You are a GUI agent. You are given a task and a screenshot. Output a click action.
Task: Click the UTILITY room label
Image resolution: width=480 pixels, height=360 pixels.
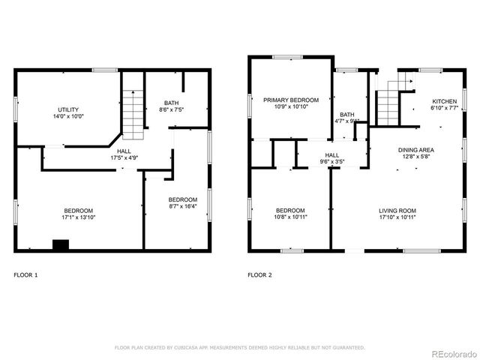tap(68, 109)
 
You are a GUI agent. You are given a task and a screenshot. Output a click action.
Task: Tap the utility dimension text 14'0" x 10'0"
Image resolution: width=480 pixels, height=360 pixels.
tap(68, 117)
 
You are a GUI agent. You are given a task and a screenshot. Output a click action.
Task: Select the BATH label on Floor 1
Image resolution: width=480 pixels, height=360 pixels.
tap(172, 103)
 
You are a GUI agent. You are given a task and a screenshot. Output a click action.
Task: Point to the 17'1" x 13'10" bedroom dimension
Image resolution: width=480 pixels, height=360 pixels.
tap(78, 217)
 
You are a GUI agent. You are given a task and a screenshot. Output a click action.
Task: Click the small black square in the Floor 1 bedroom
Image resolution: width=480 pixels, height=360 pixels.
tap(60, 244)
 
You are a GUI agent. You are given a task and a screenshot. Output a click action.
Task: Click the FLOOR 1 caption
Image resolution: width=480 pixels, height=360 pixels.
tap(25, 275)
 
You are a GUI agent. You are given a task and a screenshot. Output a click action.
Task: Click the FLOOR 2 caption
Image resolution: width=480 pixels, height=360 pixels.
tap(259, 275)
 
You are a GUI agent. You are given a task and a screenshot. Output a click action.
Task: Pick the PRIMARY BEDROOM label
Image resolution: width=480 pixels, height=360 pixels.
tap(290, 100)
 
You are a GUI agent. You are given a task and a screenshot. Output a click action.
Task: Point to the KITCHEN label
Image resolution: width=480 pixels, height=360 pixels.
tap(443, 101)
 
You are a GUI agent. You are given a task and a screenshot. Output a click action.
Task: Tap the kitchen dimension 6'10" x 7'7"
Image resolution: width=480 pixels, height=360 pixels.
tap(443, 109)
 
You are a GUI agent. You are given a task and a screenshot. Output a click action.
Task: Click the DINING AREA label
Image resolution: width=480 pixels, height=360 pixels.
tap(415, 150)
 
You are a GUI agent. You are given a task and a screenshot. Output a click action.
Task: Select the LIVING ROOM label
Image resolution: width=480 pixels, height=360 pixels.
tap(397, 210)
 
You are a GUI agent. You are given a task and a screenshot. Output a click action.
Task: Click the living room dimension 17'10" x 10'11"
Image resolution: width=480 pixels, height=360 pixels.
tap(397, 217)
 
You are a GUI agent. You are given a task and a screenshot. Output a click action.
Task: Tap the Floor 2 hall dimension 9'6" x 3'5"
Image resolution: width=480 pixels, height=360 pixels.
tap(331, 161)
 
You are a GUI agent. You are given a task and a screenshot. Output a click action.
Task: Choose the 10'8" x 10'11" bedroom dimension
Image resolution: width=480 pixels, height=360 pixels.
tap(290, 217)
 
